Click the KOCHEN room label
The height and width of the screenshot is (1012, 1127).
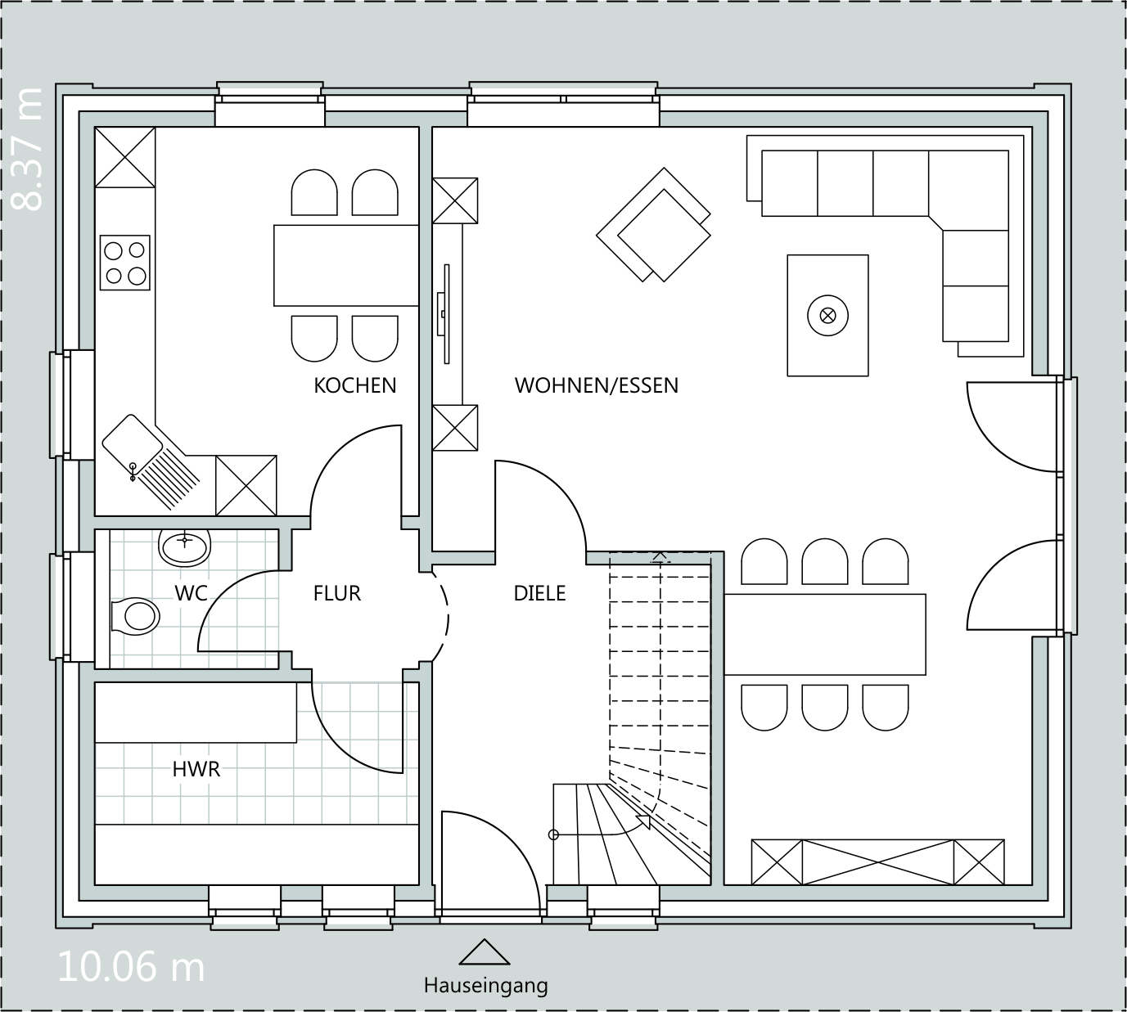pos(355,385)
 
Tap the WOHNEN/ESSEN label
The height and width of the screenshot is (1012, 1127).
pos(597,385)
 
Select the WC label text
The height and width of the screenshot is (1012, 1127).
pos(191,593)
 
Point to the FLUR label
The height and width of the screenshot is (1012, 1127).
pos(337,593)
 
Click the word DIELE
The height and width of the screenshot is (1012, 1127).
pos(539,593)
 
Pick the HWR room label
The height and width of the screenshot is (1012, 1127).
pos(196,770)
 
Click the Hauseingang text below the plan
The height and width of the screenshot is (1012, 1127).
pos(485,986)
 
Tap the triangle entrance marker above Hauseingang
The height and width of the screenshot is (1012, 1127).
pos(485,952)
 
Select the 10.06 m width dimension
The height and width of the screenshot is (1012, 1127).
pos(131,968)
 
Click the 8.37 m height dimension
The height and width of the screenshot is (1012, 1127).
pos(27,149)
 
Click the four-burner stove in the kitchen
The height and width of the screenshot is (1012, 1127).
pos(125,263)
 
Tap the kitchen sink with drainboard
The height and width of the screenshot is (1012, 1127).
pos(151,462)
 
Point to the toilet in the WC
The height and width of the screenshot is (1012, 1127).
pos(135,615)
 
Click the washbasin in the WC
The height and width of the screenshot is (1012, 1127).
pos(185,546)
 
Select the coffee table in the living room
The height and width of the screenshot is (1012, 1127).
pos(827,315)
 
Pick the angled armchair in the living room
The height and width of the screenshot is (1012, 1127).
pos(654,225)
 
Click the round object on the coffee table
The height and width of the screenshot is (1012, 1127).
pos(827,316)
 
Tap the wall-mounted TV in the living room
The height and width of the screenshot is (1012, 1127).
pos(444,314)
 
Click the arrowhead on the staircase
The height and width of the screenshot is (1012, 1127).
pos(644,822)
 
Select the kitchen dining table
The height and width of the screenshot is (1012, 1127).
pos(346,265)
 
